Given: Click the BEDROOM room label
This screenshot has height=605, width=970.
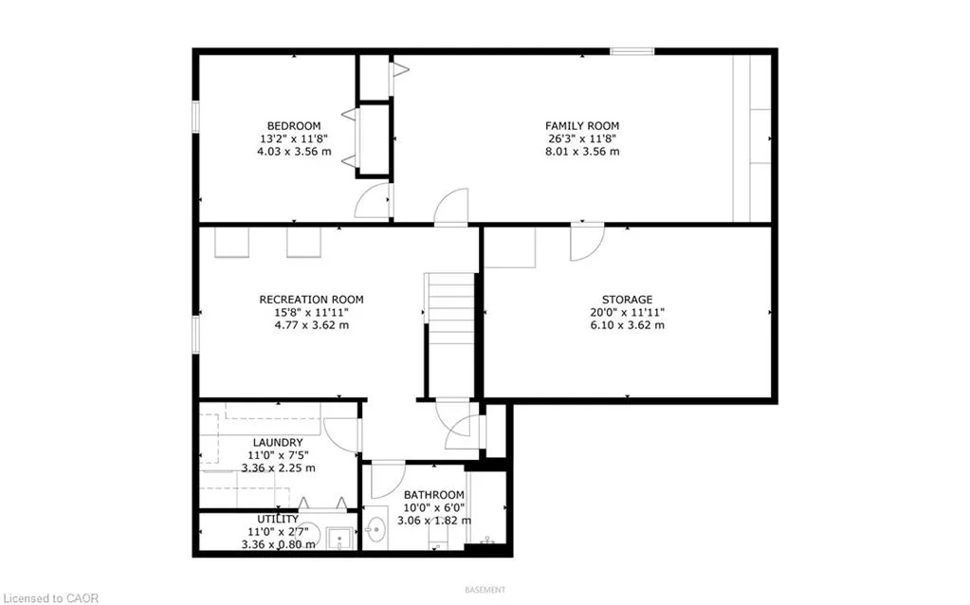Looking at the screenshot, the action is click(294, 125).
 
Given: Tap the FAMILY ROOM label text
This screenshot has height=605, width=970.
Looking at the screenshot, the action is click(582, 125).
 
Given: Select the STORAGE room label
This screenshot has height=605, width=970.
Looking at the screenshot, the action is click(628, 300).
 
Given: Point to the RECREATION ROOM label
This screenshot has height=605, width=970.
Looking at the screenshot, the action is click(311, 300).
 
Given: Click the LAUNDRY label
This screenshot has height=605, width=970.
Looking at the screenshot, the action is click(278, 442).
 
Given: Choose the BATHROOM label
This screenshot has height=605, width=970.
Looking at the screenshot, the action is click(433, 495).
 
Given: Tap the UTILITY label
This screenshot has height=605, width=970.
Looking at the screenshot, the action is click(278, 519).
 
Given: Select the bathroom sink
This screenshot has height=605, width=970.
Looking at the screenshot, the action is click(375, 529).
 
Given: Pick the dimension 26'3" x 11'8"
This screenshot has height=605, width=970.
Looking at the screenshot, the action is click(582, 138).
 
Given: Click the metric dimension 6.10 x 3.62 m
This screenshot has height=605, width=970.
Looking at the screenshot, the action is click(628, 325).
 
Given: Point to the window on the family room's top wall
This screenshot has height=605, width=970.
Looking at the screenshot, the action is click(632, 51).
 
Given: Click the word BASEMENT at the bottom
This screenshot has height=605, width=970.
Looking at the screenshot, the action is click(485, 590).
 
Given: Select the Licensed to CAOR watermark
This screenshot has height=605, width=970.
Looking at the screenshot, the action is click(49, 598).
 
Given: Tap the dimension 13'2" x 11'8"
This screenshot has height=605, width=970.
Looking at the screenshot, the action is click(294, 138).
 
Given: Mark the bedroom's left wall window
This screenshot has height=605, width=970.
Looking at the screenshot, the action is click(195, 117).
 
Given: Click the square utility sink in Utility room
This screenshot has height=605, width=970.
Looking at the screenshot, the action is click(339, 539).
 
